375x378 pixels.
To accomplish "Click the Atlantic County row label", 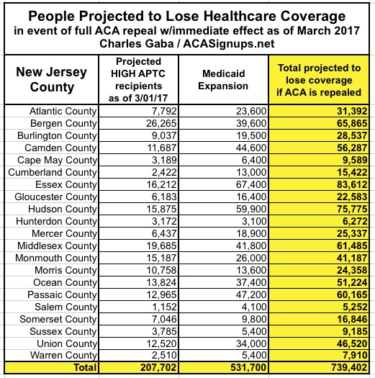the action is pos(63,111).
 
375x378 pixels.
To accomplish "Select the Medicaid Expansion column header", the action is pos(223,80).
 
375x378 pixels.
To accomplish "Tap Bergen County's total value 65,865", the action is pos(352,123).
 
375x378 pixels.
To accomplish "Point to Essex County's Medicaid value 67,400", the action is pos(251,184).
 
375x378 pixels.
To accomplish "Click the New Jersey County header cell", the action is pos(52,79).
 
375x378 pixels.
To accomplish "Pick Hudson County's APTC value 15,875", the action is pos(161,209).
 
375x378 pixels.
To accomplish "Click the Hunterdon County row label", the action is pos(56,221).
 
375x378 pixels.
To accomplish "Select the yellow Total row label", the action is pos(85,367).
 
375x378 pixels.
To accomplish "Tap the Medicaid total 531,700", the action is pos(248,367).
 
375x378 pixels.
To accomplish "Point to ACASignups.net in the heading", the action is pos(229,44).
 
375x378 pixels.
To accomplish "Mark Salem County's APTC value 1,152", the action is pos(164,307).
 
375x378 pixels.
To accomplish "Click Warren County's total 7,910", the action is pos(355,355).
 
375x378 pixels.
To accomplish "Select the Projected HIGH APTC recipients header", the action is pos(138,80).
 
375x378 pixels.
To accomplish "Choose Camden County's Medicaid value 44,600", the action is pos(251,148).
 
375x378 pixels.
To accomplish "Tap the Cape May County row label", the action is pos(57,160).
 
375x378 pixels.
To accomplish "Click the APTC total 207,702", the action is pos(158,367).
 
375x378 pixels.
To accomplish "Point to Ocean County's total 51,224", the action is pos(352,282).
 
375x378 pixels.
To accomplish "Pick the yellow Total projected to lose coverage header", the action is pos(319,80).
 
